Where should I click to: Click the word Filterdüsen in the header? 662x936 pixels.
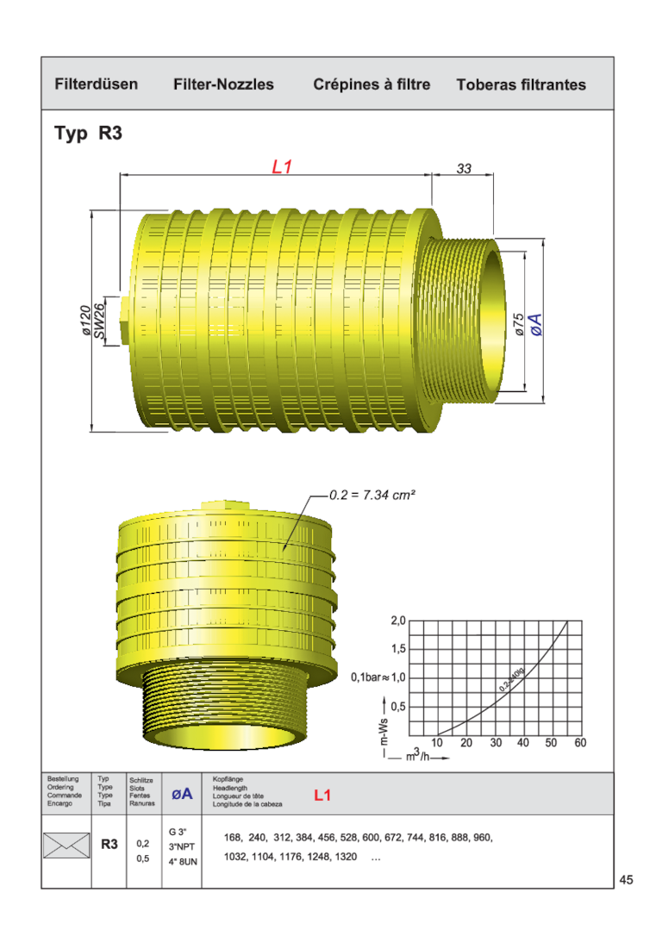click(x=97, y=84)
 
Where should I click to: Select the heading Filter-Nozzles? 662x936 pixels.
click(x=223, y=84)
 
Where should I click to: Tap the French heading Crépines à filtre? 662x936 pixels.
click(x=372, y=84)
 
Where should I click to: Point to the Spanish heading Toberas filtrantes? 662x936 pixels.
click(x=521, y=84)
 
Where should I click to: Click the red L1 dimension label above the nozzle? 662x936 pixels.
click(x=282, y=167)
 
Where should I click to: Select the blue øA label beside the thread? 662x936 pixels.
click(x=536, y=325)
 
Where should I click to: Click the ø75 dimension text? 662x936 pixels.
click(x=519, y=323)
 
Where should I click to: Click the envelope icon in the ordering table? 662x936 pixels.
click(x=66, y=846)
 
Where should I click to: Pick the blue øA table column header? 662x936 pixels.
click(x=182, y=794)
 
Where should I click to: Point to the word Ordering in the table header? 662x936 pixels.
click(x=60, y=787)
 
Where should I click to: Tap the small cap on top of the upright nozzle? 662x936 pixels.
click(x=224, y=507)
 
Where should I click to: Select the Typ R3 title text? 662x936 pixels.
click(x=89, y=134)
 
